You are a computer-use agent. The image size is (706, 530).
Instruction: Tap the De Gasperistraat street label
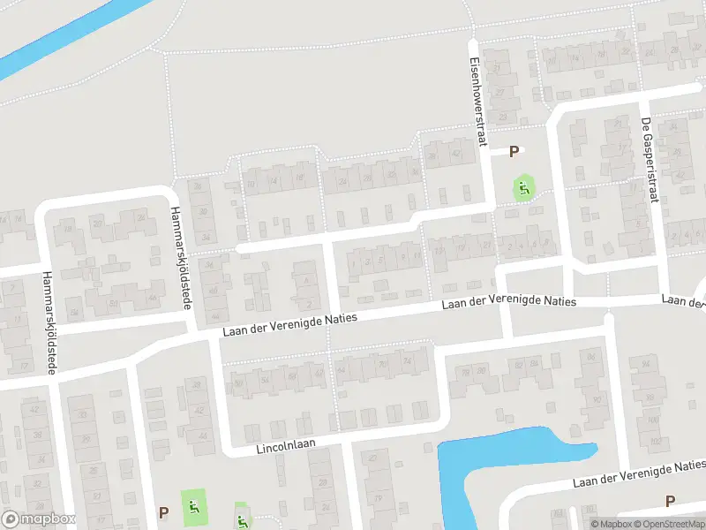650,160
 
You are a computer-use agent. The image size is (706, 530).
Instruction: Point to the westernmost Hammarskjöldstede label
46,323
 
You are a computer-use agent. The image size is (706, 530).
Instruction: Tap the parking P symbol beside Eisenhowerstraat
514,153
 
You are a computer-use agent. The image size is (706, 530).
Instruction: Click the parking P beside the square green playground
163,512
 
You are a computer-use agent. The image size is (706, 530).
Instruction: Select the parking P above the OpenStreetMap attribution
670,501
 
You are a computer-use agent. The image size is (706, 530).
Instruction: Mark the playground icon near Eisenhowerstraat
524,187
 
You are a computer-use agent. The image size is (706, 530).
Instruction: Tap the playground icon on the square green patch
193,507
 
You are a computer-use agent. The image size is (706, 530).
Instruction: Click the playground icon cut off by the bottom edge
242,521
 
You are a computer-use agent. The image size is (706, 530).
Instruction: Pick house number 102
653,440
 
